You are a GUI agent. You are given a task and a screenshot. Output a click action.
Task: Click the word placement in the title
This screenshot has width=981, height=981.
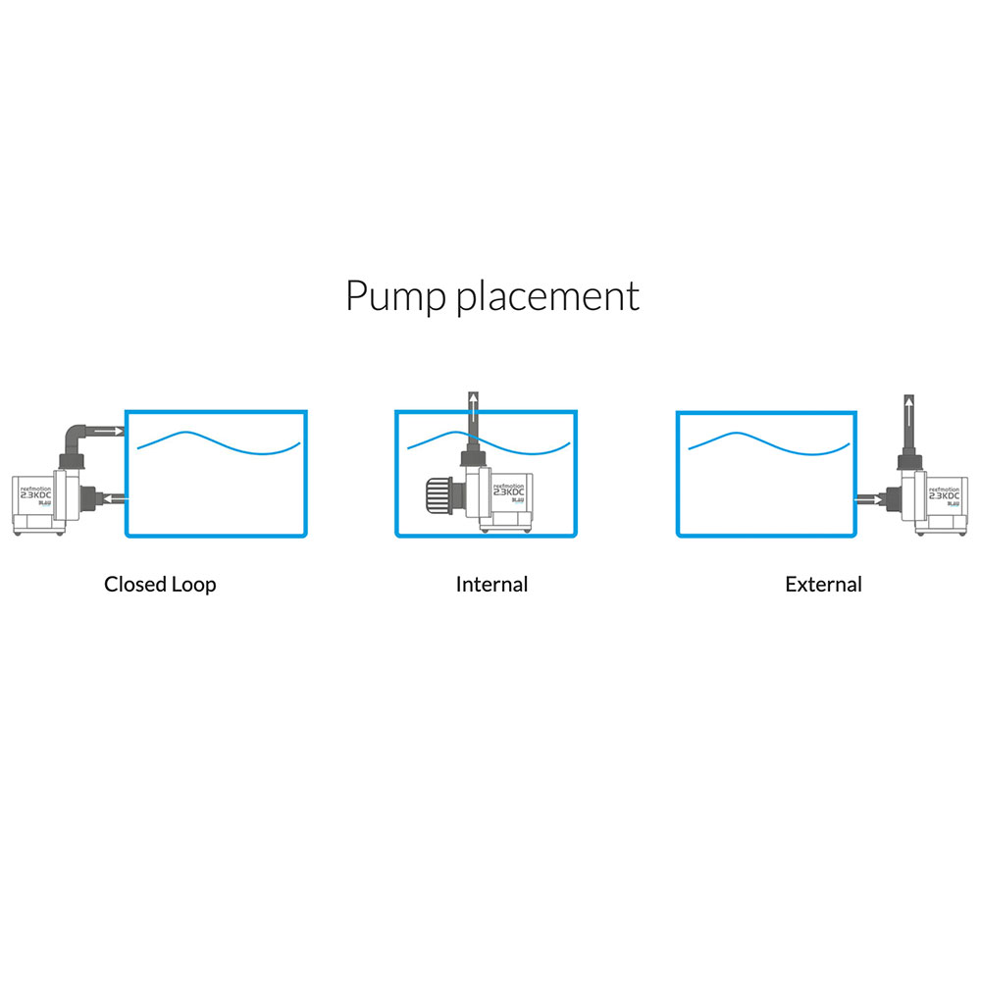[548, 296]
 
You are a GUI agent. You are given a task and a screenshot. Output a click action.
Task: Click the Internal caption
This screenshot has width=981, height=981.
[491, 585]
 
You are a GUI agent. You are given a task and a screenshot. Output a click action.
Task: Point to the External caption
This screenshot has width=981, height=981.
[823, 585]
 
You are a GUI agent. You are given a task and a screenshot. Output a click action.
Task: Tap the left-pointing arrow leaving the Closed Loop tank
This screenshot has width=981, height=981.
[114, 499]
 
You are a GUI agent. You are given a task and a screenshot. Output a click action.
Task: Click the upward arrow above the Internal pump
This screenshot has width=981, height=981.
[473, 405]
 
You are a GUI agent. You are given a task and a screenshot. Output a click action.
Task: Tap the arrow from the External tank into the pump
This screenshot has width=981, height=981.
[867, 499]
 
